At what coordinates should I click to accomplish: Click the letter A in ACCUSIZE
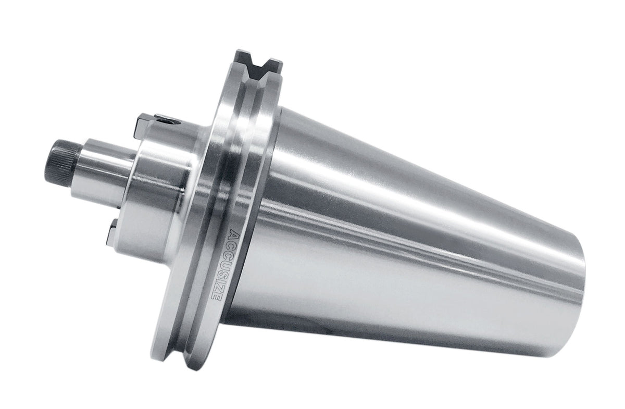(x=235, y=234)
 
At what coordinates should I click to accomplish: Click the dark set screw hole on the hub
(x=169, y=121)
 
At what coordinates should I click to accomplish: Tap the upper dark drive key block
(x=144, y=127)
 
